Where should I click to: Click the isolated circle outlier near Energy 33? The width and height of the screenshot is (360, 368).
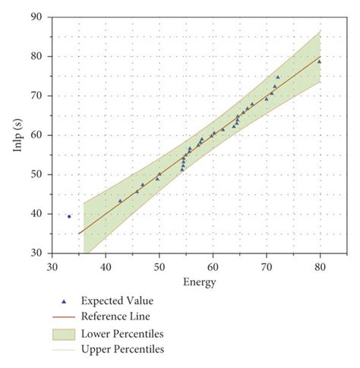[x=69, y=216]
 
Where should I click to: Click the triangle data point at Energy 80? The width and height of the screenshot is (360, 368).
[x=319, y=61]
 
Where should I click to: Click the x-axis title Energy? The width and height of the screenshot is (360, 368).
[x=200, y=283]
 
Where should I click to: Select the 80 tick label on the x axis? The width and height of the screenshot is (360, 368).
[x=320, y=266]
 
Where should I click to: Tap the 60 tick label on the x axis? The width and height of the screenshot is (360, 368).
[x=213, y=266]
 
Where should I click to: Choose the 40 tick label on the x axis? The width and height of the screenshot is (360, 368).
[x=106, y=266]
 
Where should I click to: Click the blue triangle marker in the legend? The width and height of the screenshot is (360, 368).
[x=64, y=301]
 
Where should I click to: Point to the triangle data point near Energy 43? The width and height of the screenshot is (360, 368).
[x=120, y=201]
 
